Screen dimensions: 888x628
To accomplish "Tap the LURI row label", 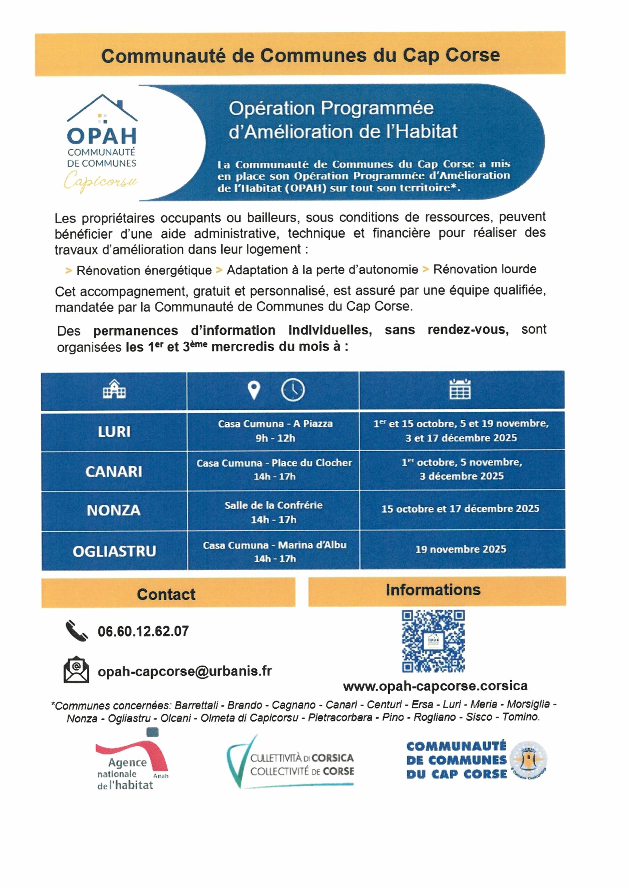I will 114,432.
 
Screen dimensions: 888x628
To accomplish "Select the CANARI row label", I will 114,471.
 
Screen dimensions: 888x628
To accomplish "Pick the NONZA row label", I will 114,511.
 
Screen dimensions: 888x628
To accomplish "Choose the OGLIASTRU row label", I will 114,551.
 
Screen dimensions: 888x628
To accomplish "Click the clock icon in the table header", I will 292,390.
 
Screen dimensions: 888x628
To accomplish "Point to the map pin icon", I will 254,390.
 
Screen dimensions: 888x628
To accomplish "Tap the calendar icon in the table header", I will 460,389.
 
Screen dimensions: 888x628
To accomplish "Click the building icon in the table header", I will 114,390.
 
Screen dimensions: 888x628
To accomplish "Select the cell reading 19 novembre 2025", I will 461,549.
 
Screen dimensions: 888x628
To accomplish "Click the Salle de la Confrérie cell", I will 273,512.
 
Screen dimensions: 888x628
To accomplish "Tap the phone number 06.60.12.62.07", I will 143,632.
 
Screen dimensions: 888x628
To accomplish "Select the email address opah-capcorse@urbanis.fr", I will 185,671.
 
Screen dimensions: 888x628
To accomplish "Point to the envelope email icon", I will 76,670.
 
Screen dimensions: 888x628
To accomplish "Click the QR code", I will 433,642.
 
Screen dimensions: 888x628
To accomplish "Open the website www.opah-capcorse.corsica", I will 435,686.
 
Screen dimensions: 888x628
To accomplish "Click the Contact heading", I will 167,595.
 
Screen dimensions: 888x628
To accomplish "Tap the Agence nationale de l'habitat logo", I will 131,761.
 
